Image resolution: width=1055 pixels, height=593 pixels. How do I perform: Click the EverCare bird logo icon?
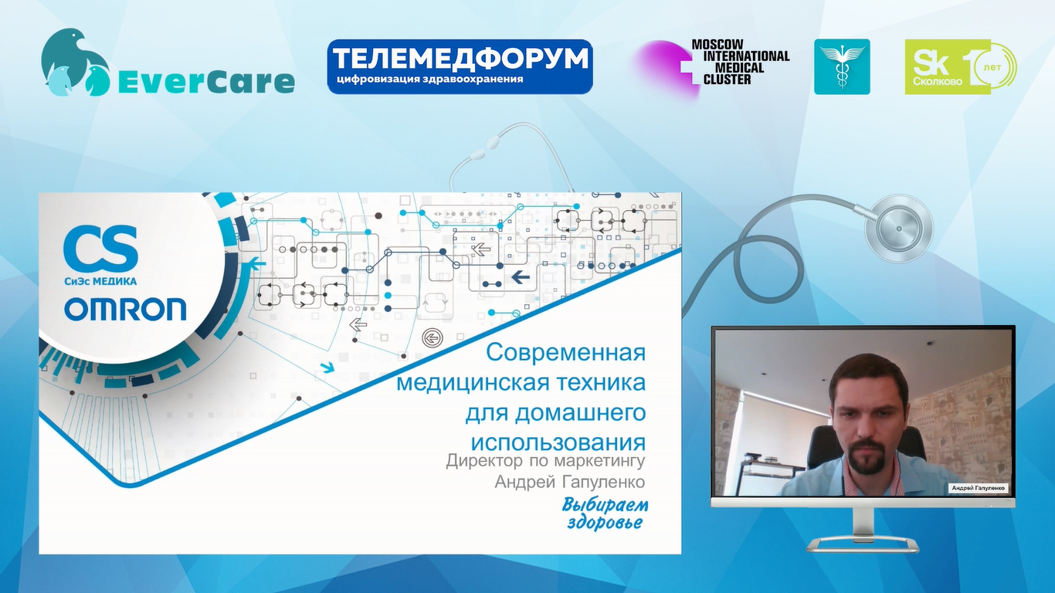point(76,63)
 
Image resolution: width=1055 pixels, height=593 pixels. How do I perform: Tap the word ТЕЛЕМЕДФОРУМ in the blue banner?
point(460,59)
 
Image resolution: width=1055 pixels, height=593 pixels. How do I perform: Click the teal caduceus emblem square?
point(842,66)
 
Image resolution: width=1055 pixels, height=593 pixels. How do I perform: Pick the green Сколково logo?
point(961,66)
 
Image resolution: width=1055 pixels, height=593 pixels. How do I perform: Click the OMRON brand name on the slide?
point(125,309)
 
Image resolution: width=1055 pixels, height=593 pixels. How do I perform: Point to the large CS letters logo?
point(100,248)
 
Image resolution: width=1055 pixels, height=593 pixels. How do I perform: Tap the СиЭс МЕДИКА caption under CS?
point(100,281)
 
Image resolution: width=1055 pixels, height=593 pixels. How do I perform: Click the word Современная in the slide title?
point(565,352)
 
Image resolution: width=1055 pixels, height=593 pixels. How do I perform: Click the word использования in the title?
point(558,442)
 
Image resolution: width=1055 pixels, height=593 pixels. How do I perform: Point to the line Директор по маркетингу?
point(545,461)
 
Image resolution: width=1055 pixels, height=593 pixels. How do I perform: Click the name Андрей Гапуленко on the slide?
point(570,482)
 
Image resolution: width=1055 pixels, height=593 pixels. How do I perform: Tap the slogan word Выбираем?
point(606,506)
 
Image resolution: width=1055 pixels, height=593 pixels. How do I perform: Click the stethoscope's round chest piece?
point(899,229)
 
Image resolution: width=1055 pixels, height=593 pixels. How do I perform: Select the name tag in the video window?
point(979,488)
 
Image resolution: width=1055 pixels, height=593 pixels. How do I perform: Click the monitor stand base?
point(863,546)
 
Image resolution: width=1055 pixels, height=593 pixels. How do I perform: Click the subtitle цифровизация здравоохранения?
point(430,79)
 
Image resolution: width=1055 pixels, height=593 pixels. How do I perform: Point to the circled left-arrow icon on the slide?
point(431,337)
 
